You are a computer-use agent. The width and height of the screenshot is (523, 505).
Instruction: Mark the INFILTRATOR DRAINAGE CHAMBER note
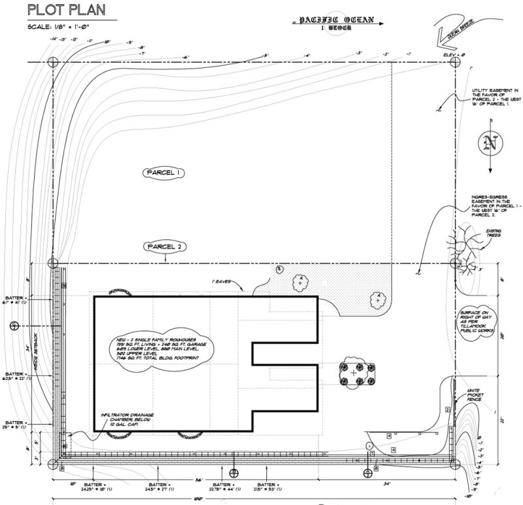(x=129, y=421)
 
